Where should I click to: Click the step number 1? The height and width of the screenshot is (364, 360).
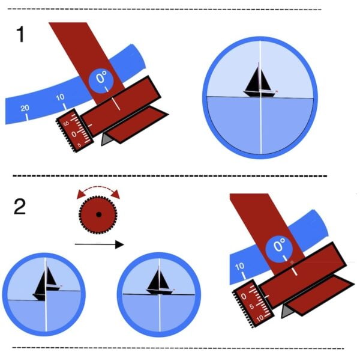pos(20,35)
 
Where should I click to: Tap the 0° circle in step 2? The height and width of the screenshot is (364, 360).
pos(280,244)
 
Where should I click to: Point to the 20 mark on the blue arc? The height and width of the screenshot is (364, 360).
pos(24,108)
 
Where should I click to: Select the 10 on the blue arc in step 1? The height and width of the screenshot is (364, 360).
pos(60,98)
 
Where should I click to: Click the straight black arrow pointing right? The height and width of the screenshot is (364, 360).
pos(99,244)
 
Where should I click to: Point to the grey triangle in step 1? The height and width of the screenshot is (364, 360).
pos(106,139)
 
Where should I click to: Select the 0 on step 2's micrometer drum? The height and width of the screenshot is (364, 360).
pos(244,295)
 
